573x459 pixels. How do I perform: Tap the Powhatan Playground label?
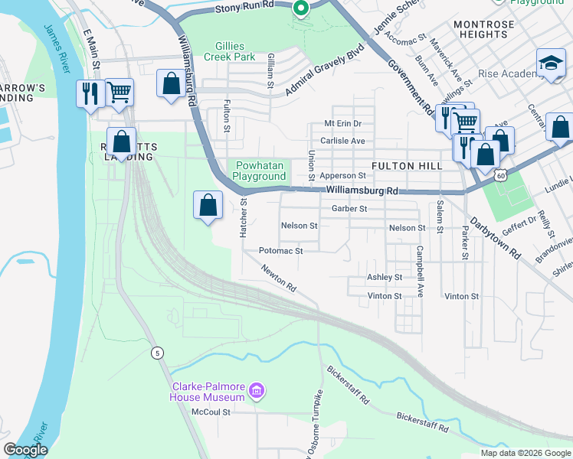click(x=259, y=171)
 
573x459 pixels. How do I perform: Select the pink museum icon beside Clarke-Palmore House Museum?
click(x=257, y=392)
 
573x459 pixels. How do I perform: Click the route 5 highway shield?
click(x=157, y=353)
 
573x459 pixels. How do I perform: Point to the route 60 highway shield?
click(x=499, y=175)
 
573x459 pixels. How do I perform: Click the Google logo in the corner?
click(x=26, y=449)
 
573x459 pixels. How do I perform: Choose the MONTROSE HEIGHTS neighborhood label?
click(x=484, y=30)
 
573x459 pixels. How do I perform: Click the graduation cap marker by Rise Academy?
click(x=550, y=64)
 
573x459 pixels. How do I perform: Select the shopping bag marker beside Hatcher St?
click(x=208, y=205)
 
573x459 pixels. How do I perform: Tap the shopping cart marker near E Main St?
click(x=119, y=93)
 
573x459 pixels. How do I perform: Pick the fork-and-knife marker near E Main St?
click(x=90, y=94)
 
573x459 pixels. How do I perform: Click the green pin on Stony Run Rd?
click(x=301, y=8)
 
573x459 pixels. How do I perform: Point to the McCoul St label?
click(x=211, y=411)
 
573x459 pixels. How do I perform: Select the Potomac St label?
click(x=281, y=250)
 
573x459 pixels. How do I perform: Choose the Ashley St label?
click(x=385, y=277)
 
